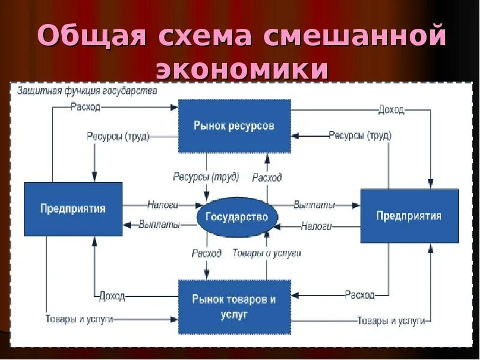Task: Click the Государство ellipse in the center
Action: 236,216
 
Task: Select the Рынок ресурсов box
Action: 234,126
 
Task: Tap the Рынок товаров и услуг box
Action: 234,306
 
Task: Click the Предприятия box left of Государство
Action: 73,209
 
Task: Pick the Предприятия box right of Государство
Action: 409,215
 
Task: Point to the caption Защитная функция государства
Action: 88,91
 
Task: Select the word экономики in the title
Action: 242,70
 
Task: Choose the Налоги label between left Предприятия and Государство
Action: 163,205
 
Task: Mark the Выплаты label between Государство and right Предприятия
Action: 314,205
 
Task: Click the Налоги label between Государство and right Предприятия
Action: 316,226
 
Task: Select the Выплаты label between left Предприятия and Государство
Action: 159,224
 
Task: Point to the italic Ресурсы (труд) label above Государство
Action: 206,177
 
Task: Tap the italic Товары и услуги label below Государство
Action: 266,253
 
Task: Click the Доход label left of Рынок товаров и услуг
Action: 112,295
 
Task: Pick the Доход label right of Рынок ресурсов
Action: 391,110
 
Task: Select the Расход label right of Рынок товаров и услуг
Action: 359,295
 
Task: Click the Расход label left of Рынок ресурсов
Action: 85,107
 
